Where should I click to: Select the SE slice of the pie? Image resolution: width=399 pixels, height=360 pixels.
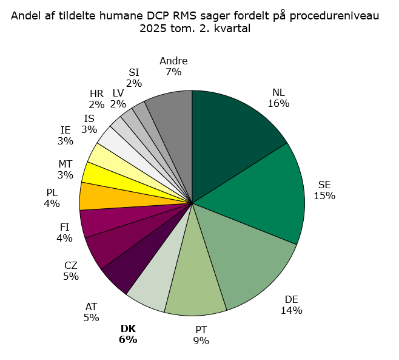click(267, 194)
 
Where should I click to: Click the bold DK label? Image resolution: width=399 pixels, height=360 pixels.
click(128, 329)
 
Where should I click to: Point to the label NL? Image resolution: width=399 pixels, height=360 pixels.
click(278, 92)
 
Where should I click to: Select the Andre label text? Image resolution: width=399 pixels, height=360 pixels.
click(173, 61)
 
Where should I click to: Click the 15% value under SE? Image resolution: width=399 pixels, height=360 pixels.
click(324, 195)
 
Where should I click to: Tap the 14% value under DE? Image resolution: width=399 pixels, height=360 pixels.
click(291, 311)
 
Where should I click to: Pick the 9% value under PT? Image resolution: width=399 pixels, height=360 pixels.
click(201, 341)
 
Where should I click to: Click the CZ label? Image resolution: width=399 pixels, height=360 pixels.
click(71, 265)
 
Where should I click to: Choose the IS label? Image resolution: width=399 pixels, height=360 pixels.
click(89, 118)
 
